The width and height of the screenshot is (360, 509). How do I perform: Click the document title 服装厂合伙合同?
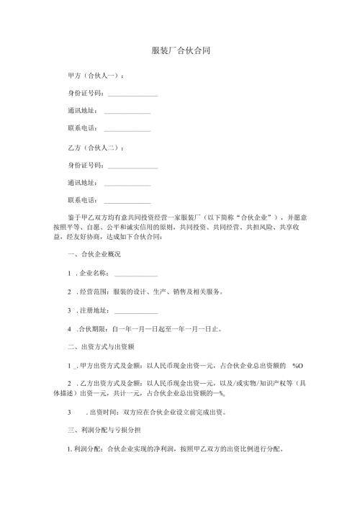click(x=180, y=51)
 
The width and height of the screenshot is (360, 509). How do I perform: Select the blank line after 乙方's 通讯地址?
click(x=127, y=184)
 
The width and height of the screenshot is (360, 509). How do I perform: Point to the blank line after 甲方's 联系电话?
click(x=127, y=130)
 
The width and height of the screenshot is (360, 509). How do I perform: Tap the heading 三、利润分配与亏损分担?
click(x=104, y=430)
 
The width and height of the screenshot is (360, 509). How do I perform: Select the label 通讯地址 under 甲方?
click(x=81, y=112)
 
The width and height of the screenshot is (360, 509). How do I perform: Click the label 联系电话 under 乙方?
click(x=81, y=201)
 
